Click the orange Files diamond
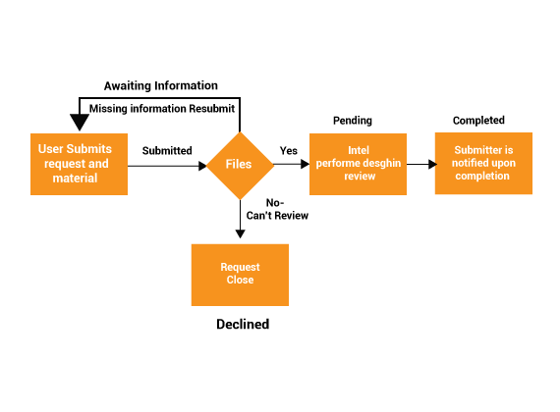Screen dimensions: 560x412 pos(240,166)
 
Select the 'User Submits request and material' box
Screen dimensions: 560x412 pos(79,164)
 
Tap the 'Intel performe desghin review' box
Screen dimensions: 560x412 pos(358,164)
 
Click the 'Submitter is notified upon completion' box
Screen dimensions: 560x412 pos(483,164)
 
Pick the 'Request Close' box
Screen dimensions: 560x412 pos(240,275)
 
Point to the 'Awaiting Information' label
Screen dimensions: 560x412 pos(161,85)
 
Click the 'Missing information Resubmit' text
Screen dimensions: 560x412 pos(162,109)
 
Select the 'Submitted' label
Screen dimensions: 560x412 pos(167,150)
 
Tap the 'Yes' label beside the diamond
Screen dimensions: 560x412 pos(289,150)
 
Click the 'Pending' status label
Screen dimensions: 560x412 pos(353,121)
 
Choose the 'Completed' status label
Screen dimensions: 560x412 pos(478,121)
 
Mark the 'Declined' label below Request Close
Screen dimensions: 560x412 pos(243,324)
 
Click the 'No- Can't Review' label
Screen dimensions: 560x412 pos(277,209)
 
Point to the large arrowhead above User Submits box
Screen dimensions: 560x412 pos(80,123)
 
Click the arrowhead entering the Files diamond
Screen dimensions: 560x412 pos(202,166)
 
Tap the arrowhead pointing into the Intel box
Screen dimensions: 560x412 pos(306,164)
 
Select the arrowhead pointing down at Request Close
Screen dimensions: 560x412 pos(240,234)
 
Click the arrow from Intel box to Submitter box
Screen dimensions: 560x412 pos(421,164)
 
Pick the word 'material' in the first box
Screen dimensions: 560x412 pos(75,178)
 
